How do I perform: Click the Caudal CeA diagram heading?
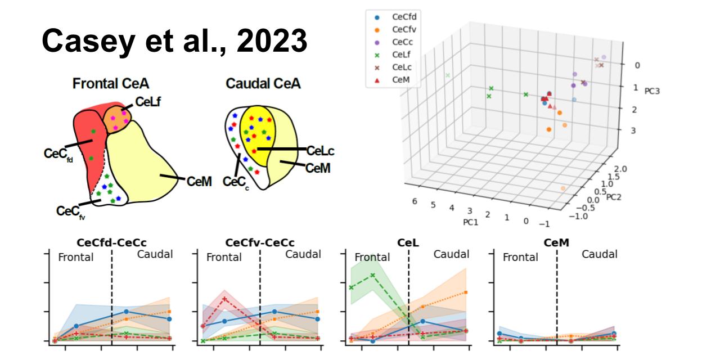[263, 84]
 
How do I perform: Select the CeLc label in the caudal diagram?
[321, 151]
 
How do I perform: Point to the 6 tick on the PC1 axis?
[415, 201]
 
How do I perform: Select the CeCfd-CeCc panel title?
[111, 242]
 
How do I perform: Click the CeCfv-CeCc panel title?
[259, 242]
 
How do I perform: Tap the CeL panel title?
[408, 242]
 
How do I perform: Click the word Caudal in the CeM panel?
[599, 254]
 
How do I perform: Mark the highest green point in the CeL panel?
[372, 275]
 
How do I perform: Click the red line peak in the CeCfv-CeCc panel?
[225, 298]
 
